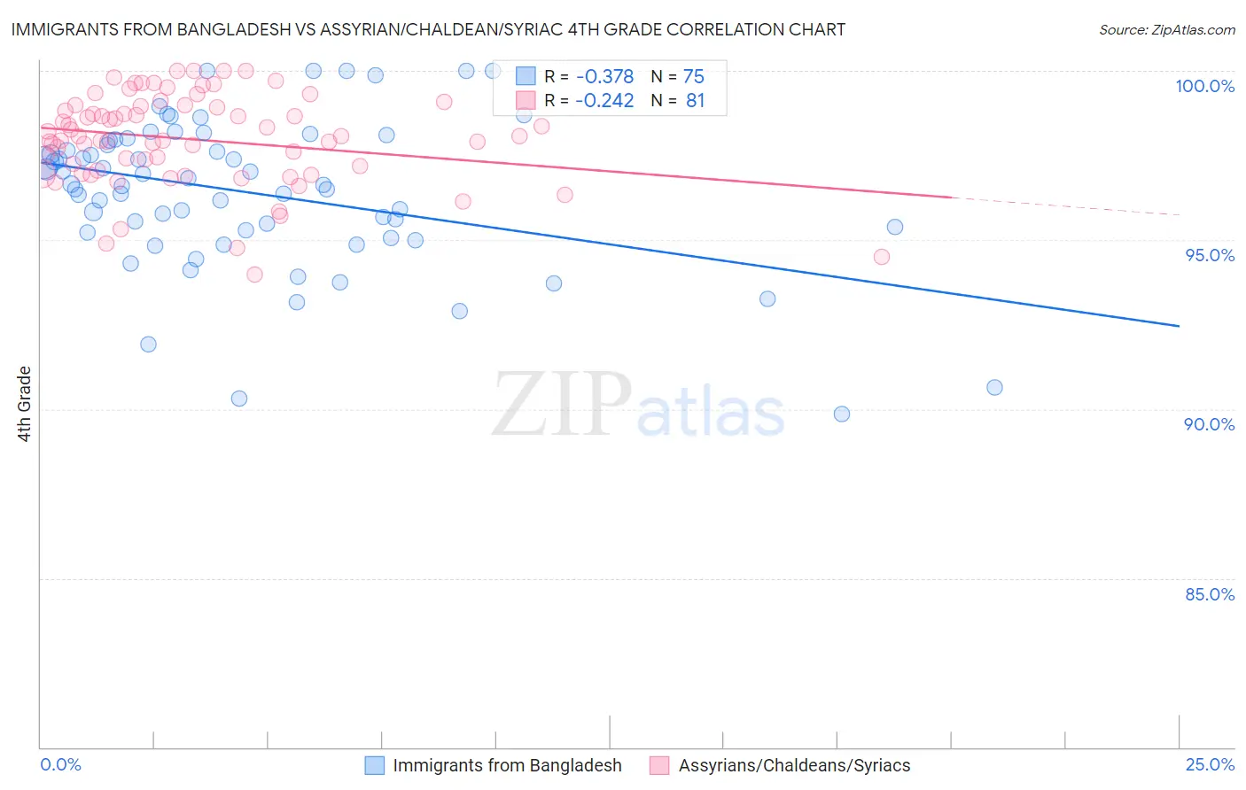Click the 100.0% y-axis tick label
[x=1204, y=86]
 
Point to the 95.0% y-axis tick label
[x=1210, y=255]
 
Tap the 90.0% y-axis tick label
[x=1210, y=424]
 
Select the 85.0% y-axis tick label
[x=1210, y=594]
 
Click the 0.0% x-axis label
[x=60, y=764]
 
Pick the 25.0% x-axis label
[x=1210, y=764]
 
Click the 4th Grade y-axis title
[x=24, y=404]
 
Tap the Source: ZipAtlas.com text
[x=1166, y=29]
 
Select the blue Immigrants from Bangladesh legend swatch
[x=375, y=765]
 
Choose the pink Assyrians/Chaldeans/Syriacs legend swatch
[x=659, y=765]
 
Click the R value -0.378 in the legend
[x=604, y=77]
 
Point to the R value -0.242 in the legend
[x=604, y=101]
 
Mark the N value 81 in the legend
[x=695, y=101]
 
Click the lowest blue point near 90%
[x=842, y=414]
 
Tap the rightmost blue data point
[x=994, y=387]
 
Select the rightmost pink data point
[x=881, y=257]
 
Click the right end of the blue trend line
[x=1179, y=326]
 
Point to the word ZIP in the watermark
[x=562, y=404]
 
